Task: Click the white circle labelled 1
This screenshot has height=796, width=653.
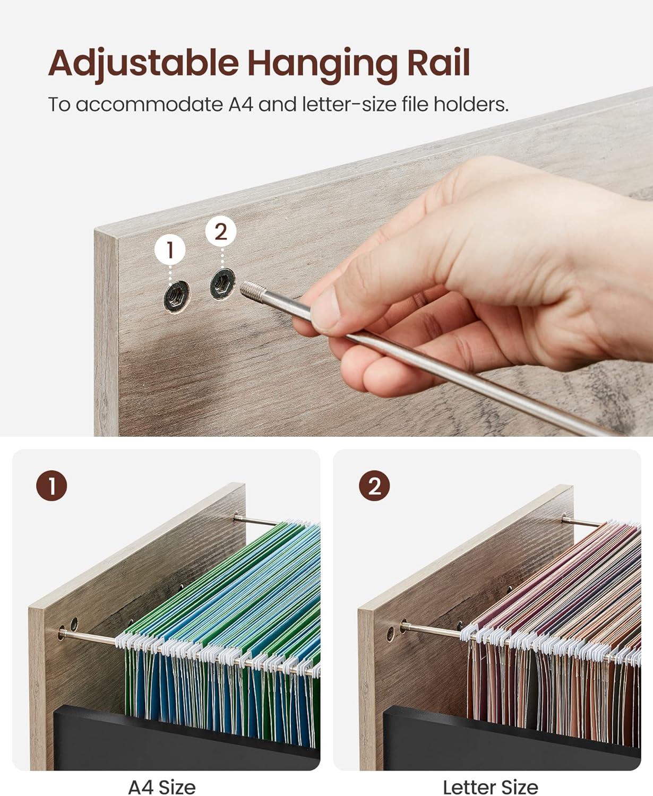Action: pos(170,250)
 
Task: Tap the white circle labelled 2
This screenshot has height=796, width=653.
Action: pos(221,231)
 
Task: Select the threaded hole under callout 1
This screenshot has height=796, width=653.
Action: pos(176,297)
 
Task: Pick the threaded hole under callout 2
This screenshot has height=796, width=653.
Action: pos(222,284)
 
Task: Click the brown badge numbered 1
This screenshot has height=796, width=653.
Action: pos(51,486)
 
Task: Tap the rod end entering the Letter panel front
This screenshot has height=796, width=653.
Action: pos(406,627)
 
